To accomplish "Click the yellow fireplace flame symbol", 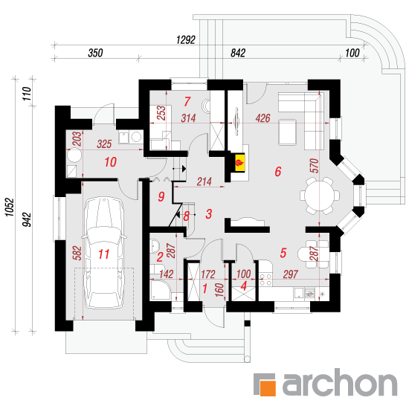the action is coord(239,163).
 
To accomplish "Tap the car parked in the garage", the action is coord(104,253).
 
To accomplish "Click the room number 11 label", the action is coord(104,254).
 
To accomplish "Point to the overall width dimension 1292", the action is coord(186,40).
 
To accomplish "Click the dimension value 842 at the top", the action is coord(238,53).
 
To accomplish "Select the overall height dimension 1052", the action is coord(10,207).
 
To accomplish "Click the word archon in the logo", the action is coord(340,384).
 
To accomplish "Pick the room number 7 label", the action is coord(187,101).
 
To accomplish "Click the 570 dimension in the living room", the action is coord(315,165).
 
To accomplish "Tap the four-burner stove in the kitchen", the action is coord(265,280).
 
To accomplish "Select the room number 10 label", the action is coord(110,162).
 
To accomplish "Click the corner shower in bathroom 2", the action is coord(161,290).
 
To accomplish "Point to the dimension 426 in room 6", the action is coord(263,118).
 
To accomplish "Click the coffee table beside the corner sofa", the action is coord(287,132).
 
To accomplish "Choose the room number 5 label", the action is coord(283,253).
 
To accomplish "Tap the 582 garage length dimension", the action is coord(77,253).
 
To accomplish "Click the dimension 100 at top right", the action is coord(352,53).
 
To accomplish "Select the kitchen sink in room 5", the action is coord(299,293).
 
